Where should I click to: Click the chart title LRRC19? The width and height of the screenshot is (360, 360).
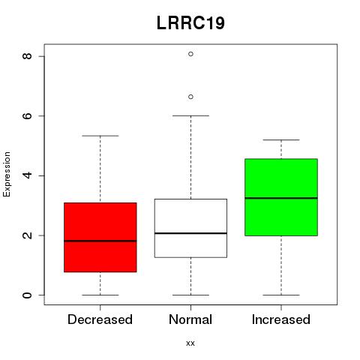click(190, 23)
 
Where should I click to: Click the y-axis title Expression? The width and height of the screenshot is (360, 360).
click(7, 174)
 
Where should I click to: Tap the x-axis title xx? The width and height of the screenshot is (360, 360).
click(190, 343)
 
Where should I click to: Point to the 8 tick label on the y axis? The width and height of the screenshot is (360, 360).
click(27, 56)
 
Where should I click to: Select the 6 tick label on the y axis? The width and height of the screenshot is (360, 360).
click(27, 115)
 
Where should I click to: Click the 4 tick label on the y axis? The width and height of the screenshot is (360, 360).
click(27, 175)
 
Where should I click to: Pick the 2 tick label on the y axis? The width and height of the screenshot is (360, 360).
click(27, 235)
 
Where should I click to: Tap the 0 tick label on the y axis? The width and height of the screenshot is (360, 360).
click(27, 295)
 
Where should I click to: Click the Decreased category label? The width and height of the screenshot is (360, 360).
click(100, 319)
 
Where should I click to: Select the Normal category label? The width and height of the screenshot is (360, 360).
click(190, 319)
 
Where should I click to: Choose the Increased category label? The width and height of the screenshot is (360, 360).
click(281, 319)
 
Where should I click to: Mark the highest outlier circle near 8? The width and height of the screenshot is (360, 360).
click(190, 54)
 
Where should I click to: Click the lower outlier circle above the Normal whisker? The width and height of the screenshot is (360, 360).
click(190, 97)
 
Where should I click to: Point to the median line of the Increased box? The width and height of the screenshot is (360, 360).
click(281, 198)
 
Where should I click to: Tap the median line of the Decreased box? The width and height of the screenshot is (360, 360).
click(100, 241)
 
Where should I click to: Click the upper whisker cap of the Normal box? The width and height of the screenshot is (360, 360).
click(190, 115)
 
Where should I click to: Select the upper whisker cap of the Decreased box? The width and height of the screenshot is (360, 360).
click(100, 136)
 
